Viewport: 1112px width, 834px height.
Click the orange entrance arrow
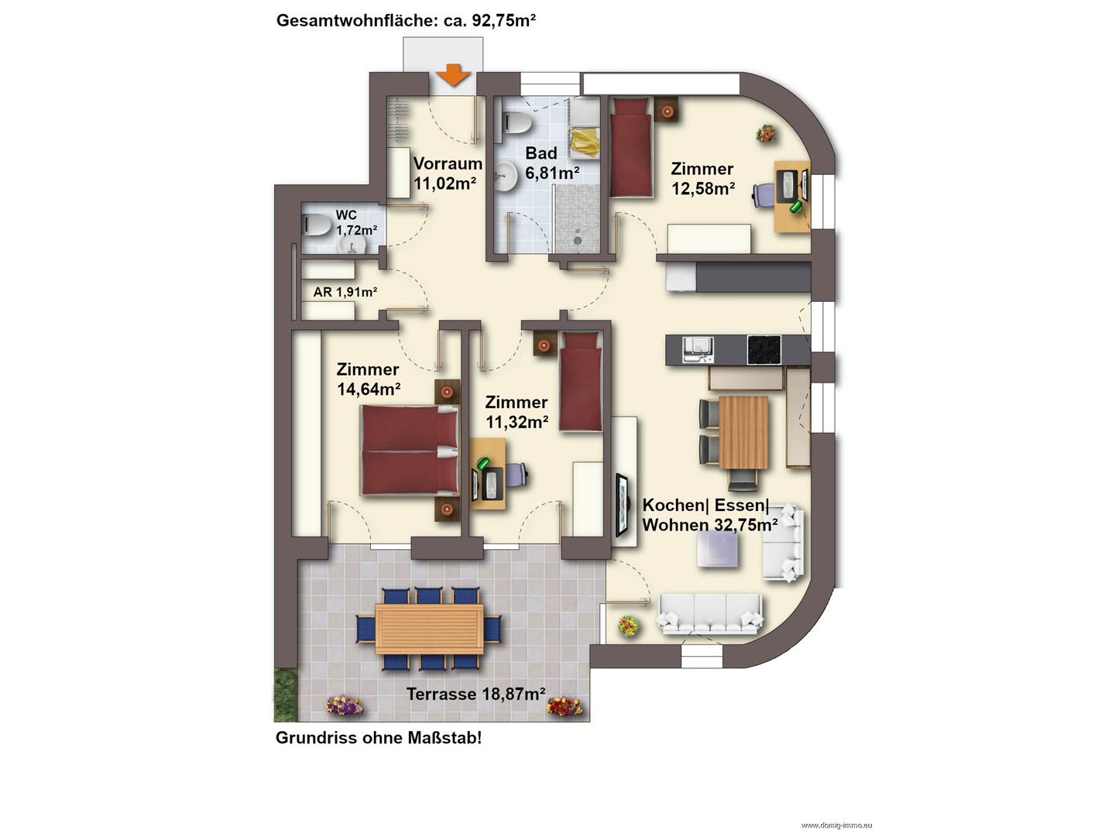pyautogui.click(x=454, y=75)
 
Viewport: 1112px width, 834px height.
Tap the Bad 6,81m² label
pyautogui.click(x=551, y=163)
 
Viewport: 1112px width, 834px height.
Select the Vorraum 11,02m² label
pyautogui.click(x=448, y=173)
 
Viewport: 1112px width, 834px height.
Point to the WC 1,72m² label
pyautogui.click(x=356, y=223)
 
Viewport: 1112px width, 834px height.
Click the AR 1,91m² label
pyautogui.click(x=345, y=292)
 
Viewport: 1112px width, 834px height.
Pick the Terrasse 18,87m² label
pyautogui.click(x=475, y=694)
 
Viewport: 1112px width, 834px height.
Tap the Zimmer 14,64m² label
pyautogui.click(x=369, y=379)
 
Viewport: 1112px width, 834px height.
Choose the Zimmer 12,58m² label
pyautogui.click(x=702, y=178)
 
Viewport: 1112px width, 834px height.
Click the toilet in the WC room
pyautogui.click(x=316, y=225)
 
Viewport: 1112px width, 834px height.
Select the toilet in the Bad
pyautogui.click(x=517, y=122)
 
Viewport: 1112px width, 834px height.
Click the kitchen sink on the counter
pyautogui.click(x=698, y=350)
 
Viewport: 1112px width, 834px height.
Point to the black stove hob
pyautogui.click(x=764, y=350)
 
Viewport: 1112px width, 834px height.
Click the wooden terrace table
pyautogui.click(x=429, y=629)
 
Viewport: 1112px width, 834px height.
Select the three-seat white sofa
pyautogui.click(x=710, y=614)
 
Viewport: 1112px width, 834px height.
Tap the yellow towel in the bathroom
pyautogui.click(x=585, y=143)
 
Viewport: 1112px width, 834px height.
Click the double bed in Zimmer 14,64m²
pyautogui.click(x=410, y=450)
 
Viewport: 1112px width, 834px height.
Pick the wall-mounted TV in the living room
pyautogui.click(x=622, y=505)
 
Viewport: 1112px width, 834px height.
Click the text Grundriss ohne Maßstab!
pyautogui.click(x=379, y=738)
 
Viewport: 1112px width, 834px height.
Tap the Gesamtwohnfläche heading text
pyautogui.click(x=406, y=20)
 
